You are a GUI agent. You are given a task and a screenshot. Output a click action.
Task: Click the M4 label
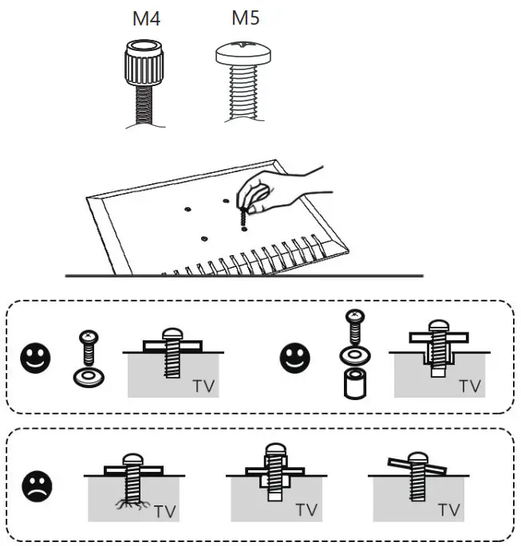(145, 18)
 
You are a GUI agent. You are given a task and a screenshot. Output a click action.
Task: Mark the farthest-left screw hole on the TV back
(187, 210)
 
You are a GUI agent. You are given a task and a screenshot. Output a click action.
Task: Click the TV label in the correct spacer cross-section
(470, 386)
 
